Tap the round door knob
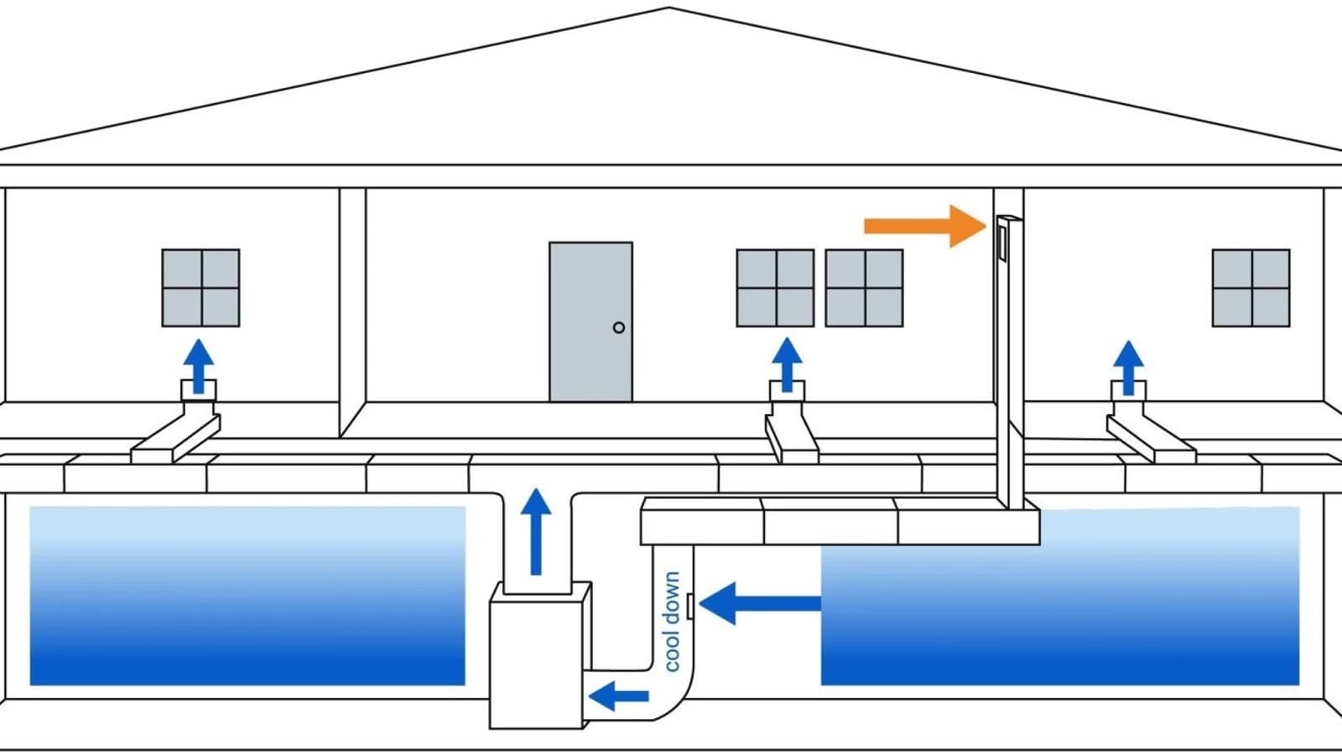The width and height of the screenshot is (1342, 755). pyautogui.click(x=619, y=327)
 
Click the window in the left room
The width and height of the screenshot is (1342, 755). pyautogui.click(x=200, y=288)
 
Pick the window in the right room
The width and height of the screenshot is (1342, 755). pyautogui.click(x=1251, y=288)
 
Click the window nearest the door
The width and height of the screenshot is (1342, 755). pyautogui.click(x=775, y=288)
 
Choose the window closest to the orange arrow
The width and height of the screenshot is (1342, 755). pyautogui.click(x=864, y=288)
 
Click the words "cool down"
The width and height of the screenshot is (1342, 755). pyautogui.click(x=672, y=622)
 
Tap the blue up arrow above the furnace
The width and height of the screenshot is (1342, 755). pyautogui.click(x=536, y=531)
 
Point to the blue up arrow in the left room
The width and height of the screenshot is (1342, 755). pyautogui.click(x=199, y=365)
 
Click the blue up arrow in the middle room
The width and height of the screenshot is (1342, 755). pyautogui.click(x=787, y=365)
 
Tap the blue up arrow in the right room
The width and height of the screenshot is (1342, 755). pyautogui.click(x=1129, y=367)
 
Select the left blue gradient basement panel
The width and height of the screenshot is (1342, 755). pyautogui.click(x=247, y=596)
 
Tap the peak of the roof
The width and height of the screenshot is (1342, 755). pyautogui.click(x=669, y=9)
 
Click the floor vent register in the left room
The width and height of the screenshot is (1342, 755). pyautogui.click(x=199, y=390)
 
